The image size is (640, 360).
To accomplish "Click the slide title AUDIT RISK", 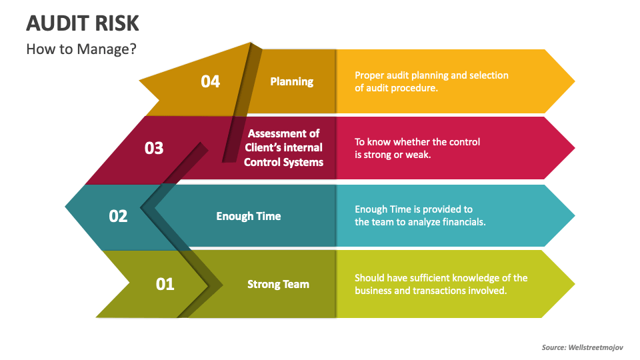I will (x=83, y=23).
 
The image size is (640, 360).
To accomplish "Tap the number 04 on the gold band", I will (x=210, y=81).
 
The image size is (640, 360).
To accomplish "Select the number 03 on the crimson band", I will (x=154, y=148).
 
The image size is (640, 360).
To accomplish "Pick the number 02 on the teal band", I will (x=118, y=216).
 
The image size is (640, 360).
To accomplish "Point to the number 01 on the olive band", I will (x=165, y=284).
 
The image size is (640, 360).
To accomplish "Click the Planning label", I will (x=291, y=81).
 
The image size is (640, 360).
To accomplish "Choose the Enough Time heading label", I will (x=249, y=216).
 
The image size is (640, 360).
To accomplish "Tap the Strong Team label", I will (x=278, y=284).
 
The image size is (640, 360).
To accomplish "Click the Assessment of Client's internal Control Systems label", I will (x=283, y=148).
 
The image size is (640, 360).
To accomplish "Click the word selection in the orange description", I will (x=489, y=75).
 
